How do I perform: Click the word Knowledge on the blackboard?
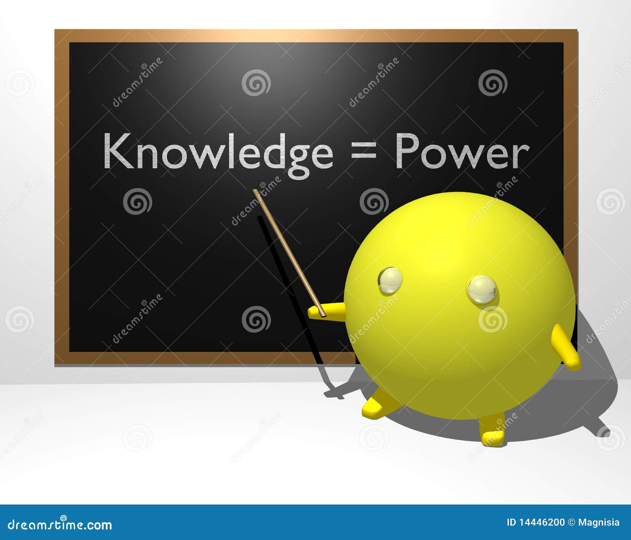[x=218, y=152]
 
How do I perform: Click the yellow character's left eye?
[x=390, y=280]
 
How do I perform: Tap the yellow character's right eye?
[x=482, y=290]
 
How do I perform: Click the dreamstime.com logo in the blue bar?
[x=60, y=525]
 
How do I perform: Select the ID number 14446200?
[x=541, y=523]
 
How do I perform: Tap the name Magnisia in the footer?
[x=599, y=523]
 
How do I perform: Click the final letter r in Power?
[x=520, y=156]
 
